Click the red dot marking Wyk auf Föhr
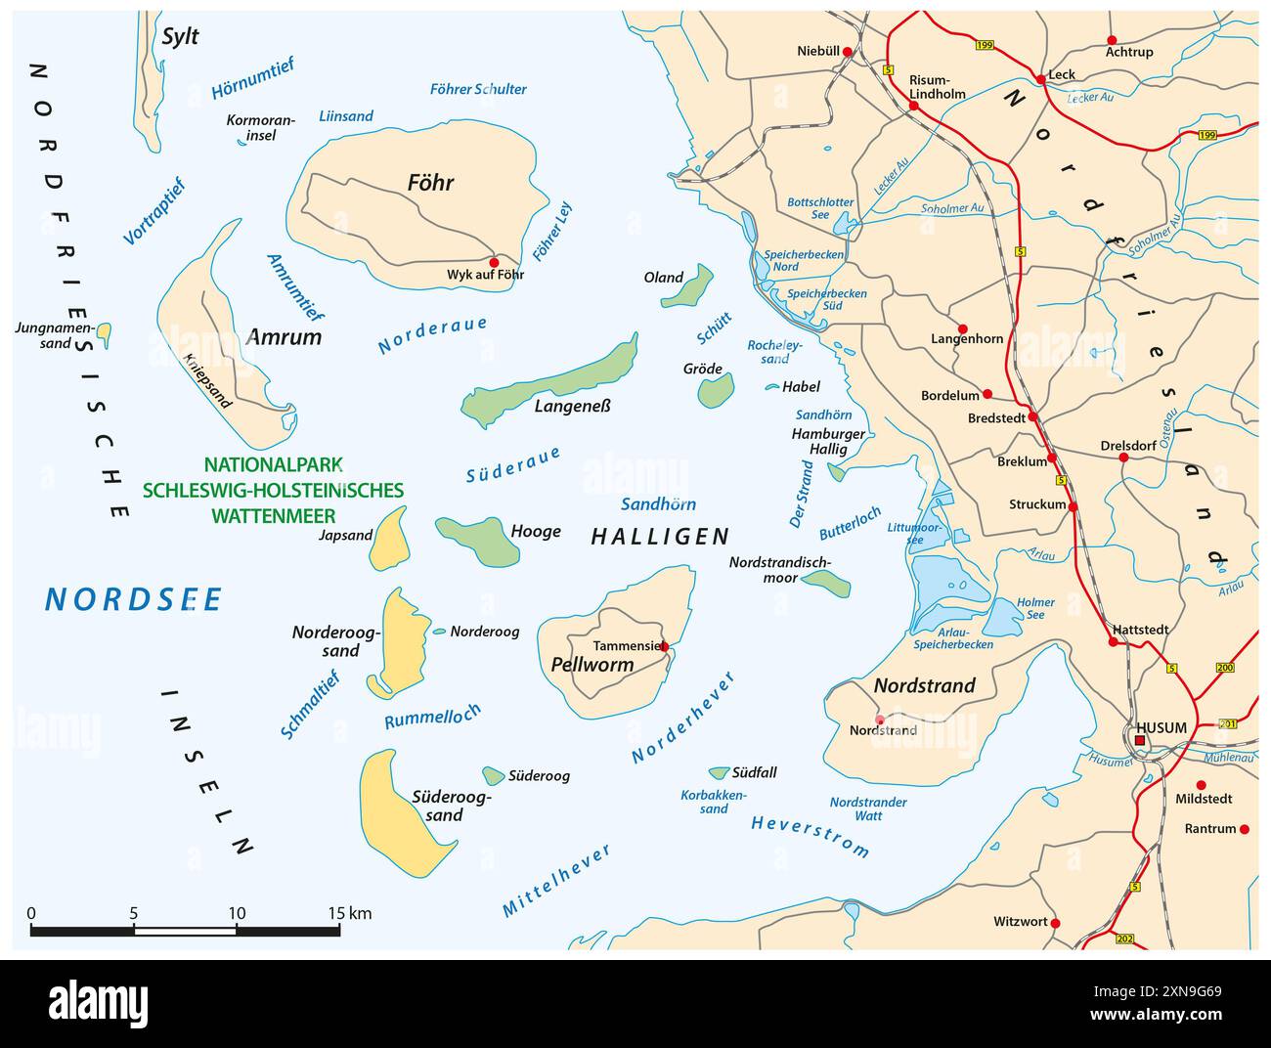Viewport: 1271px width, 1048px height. click(x=494, y=262)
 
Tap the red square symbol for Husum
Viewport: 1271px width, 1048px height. click(x=1140, y=742)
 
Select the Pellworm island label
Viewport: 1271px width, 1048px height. click(x=592, y=665)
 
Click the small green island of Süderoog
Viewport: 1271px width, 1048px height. click(x=493, y=775)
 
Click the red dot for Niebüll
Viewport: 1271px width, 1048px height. click(x=848, y=52)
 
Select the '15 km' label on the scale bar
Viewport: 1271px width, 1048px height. click(x=349, y=914)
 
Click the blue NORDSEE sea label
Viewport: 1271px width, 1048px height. click(x=134, y=599)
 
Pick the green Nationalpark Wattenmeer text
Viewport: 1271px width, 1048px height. click(x=273, y=490)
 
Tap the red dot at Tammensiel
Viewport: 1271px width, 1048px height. click(x=664, y=646)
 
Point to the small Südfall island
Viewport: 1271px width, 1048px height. click(x=720, y=772)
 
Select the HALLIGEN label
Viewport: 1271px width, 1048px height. click(x=661, y=536)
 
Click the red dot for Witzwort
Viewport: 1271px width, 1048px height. click(x=1055, y=923)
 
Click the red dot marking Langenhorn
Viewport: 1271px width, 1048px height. click(x=963, y=329)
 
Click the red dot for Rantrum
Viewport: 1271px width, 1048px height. click(x=1245, y=829)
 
